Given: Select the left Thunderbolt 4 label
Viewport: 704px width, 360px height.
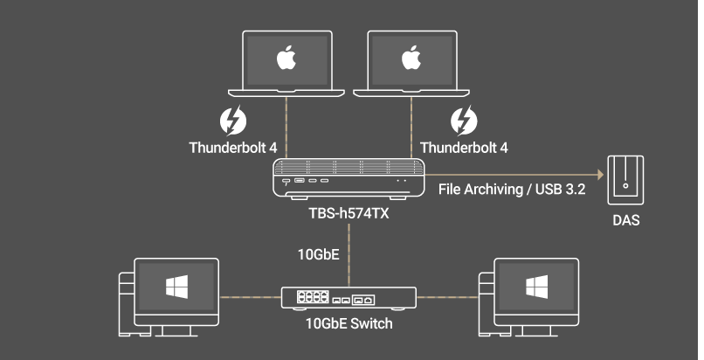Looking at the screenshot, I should coord(232,147).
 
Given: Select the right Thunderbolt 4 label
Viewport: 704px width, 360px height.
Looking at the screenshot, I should coord(464,147).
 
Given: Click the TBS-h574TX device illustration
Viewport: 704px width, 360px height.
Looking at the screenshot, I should coord(349,178).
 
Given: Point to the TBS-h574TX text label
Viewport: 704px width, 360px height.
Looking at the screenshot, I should coord(349,212).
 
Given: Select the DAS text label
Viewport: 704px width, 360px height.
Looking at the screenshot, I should coord(625,220).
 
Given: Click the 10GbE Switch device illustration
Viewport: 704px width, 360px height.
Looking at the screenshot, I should coord(349,299).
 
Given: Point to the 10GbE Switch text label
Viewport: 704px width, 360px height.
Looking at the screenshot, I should coord(349,324).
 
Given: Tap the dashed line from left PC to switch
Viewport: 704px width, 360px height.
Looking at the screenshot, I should coord(249,297).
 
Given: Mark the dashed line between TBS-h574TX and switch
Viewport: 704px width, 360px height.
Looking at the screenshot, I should coord(349,253).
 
